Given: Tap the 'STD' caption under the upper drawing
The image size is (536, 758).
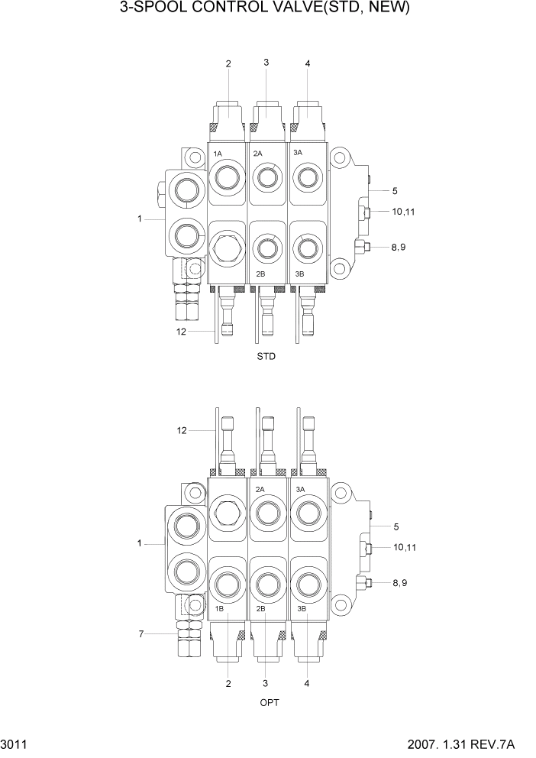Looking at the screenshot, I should [266, 357].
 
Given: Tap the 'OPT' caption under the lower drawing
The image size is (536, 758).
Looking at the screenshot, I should [268, 703].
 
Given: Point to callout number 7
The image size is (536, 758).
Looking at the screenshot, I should [140, 633].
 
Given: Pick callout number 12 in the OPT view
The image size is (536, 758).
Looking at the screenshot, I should [181, 431].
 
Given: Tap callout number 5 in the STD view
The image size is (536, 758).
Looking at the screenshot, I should [395, 190].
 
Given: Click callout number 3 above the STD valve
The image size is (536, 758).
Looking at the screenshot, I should [266, 63].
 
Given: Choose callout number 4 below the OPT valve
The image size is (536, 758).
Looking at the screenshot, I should [308, 684].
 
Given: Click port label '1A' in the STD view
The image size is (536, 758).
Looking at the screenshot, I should [218, 154].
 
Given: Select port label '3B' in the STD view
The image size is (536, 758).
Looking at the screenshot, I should [300, 274].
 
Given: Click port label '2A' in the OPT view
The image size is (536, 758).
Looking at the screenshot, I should [260, 489].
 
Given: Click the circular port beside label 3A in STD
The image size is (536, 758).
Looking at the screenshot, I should [308, 179].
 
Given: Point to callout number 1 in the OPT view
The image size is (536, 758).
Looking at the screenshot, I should [140, 543].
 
